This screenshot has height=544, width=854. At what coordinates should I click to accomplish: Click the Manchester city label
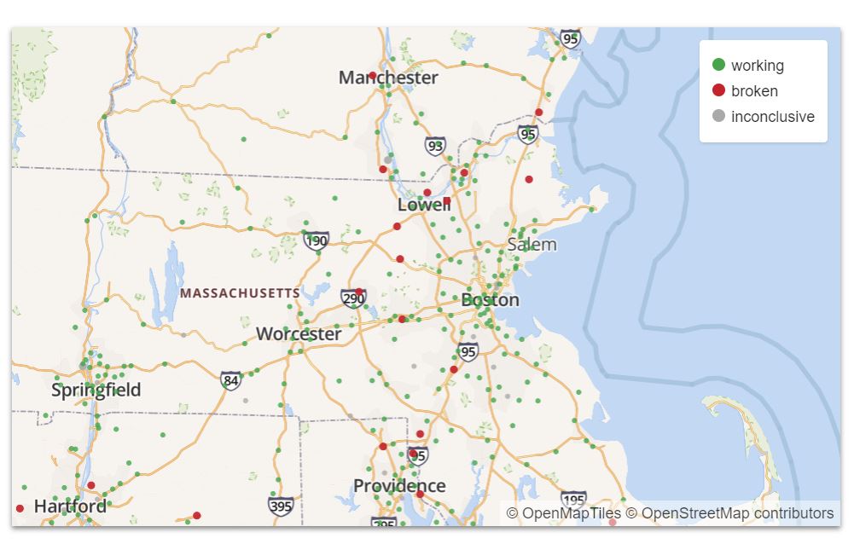[388, 78]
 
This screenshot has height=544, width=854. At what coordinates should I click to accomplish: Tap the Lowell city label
[424, 205]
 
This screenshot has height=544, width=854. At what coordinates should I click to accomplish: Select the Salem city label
[532, 245]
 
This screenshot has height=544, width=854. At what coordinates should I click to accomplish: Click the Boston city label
[490, 300]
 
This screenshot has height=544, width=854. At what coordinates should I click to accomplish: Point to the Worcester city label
[299, 334]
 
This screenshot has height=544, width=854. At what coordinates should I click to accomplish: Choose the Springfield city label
[96, 391]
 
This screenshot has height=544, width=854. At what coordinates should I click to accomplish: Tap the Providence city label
[399, 486]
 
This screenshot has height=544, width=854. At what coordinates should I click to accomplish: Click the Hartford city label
[70, 506]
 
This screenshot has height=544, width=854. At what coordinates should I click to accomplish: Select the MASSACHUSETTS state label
[240, 293]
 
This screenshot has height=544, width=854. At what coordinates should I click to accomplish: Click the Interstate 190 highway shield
[317, 241]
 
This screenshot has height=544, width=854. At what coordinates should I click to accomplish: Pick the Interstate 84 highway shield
[230, 380]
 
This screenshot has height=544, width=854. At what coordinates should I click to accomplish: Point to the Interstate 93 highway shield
[436, 147]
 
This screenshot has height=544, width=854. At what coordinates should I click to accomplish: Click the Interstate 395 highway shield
[281, 506]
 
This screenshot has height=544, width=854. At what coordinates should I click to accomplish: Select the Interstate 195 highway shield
[573, 500]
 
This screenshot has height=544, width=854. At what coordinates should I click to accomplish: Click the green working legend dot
[718, 65]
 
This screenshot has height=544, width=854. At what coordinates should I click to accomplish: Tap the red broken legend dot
[718, 90]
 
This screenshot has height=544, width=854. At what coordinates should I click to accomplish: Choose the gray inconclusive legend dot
[718, 116]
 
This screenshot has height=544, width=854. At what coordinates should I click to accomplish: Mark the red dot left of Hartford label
[20, 509]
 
